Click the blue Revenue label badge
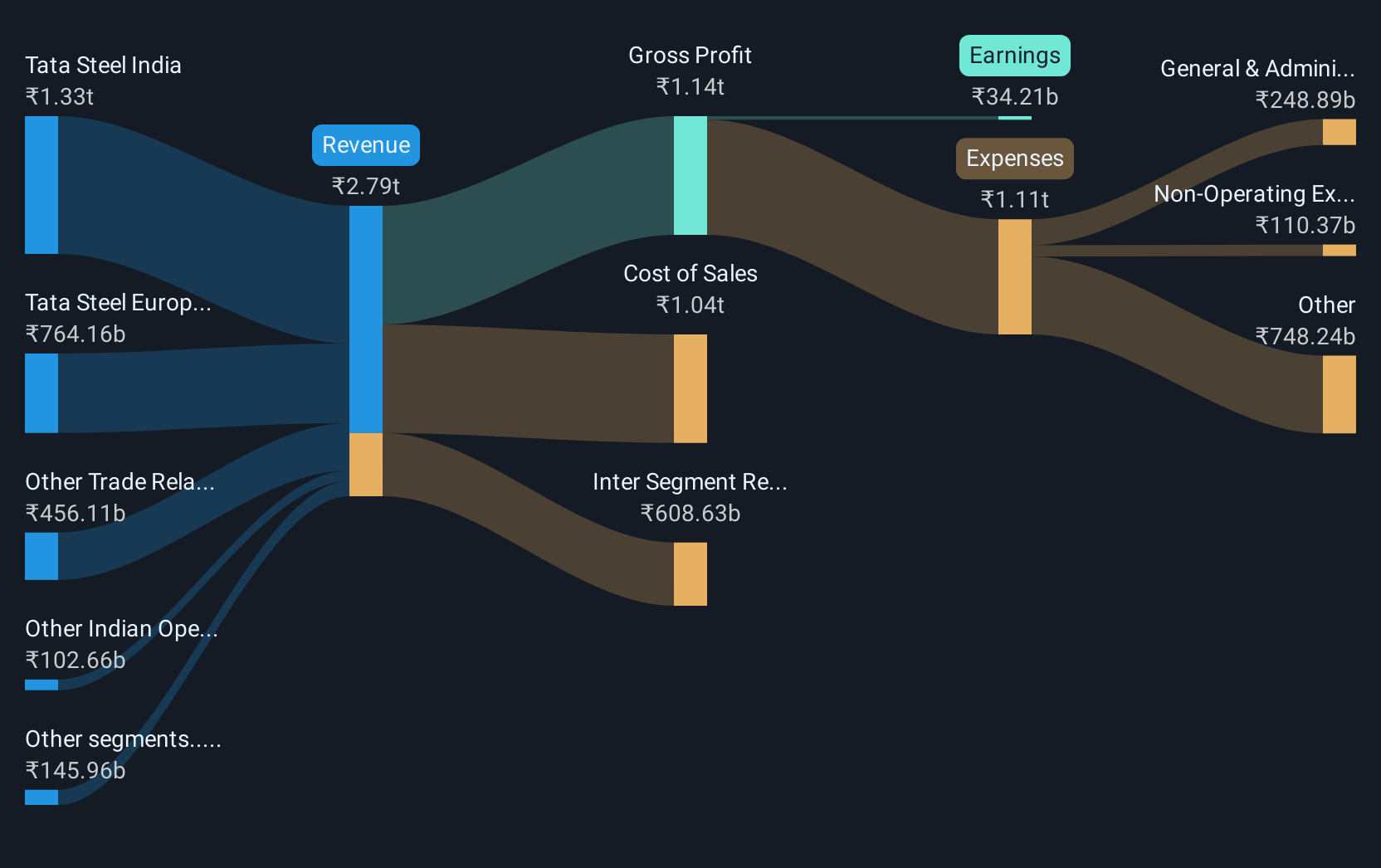pos(365,145)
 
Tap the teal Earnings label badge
pos(1014,56)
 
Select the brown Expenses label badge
pos(1014,158)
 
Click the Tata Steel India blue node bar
pos(41,184)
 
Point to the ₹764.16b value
pos(76,334)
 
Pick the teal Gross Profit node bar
pos(690,175)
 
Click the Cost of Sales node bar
pos(690,388)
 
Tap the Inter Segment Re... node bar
pos(690,573)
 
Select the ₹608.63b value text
pos(690,513)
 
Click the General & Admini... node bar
pos(1339,132)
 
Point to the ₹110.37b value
pos(1305,225)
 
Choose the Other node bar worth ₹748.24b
pos(1339,394)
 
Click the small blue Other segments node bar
pos(41,797)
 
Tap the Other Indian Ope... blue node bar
pos(41,685)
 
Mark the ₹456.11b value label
pos(76,513)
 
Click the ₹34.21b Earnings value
pos(1014,96)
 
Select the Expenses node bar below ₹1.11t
pos(1014,276)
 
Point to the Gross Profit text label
pos(690,55)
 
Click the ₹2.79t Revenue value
pos(365,186)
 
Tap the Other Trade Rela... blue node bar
pos(41,556)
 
